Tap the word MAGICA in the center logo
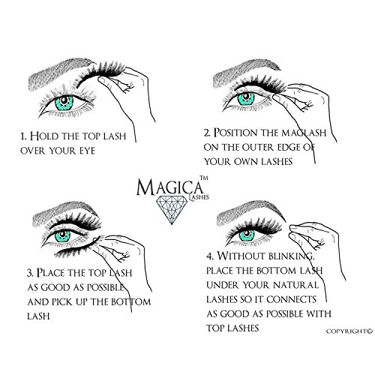(169, 187)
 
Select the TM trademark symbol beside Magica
(204, 178)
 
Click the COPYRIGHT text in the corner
(349, 331)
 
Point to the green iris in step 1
(64, 103)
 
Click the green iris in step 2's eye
(246, 99)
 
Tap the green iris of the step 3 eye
(62, 236)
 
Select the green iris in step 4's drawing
(247, 235)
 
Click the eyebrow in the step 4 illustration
(250, 211)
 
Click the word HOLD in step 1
(44, 136)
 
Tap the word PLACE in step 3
(51, 272)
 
